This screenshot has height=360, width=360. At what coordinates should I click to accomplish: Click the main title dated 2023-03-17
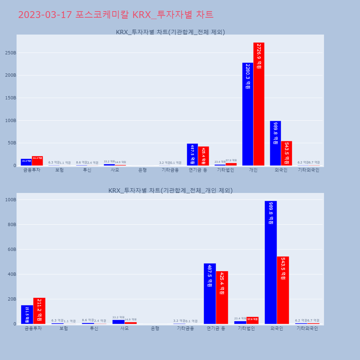[x=116, y=15]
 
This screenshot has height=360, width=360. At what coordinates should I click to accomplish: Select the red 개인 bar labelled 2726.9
[x=259, y=104]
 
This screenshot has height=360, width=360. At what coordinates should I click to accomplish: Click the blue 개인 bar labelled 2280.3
[x=248, y=114]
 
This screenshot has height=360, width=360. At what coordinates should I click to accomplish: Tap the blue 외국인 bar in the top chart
[x=275, y=143]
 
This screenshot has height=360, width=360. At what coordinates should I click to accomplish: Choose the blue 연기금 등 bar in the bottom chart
[x=210, y=294]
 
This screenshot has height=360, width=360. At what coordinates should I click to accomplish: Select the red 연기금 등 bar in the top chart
[x=203, y=156]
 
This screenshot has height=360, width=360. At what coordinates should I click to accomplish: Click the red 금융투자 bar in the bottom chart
[x=39, y=311]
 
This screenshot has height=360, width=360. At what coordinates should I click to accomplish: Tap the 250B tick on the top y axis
[x=10, y=53]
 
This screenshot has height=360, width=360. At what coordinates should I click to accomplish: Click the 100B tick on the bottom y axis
[x=10, y=200]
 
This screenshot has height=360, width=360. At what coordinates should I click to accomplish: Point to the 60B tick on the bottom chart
[x=12, y=249]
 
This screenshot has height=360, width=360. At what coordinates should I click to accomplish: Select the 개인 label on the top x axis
[x=253, y=170]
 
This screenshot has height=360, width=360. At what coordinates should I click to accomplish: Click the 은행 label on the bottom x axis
[x=155, y=329]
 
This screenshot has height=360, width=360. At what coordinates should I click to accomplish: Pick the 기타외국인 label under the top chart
[x=309, y=170]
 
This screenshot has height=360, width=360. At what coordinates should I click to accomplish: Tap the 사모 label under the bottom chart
[x=125, y=329]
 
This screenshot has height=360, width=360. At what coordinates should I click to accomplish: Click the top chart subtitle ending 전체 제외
[x=170, y=32]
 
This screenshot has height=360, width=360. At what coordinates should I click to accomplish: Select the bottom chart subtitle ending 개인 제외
[x=170, y=190]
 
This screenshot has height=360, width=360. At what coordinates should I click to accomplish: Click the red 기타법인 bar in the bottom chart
[x=252, y=320]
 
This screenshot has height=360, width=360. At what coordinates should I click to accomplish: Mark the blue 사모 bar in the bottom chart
[x=118, y=321]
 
